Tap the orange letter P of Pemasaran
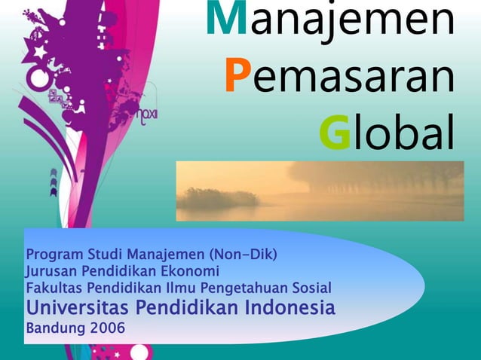click(x=237, y=77)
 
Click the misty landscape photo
click(x=320, y=191)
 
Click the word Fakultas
click(x=51, y=288)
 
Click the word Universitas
click(x=78, y=308)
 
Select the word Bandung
click(x=54, y=329)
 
